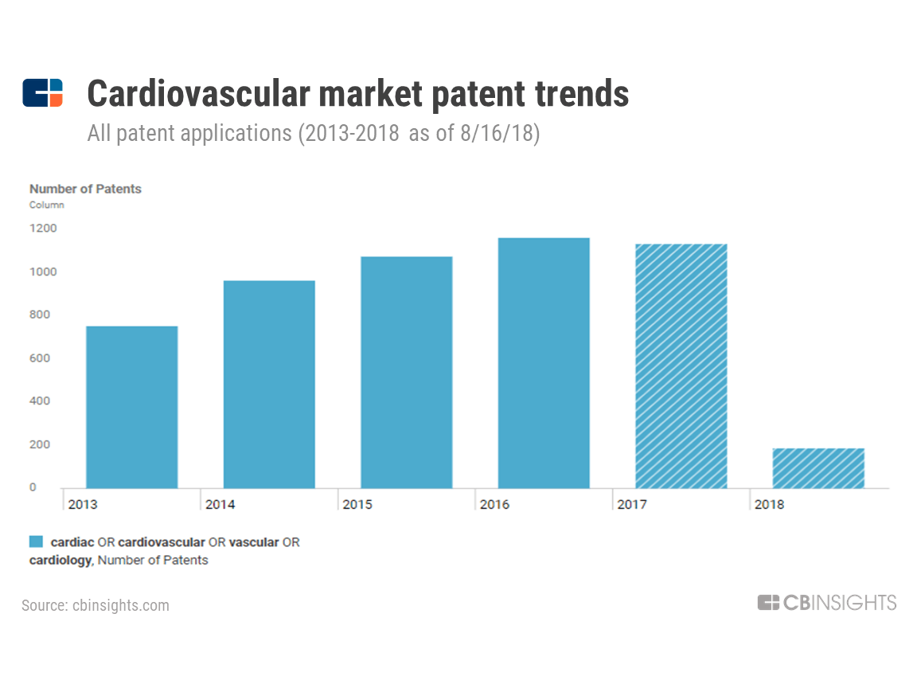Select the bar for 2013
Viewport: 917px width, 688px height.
pyautogui.click(x=131, y=407)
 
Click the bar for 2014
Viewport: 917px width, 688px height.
pyautogui.click(x=269, y=384)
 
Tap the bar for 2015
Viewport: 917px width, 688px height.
pyautogui.click(x=406, y=372)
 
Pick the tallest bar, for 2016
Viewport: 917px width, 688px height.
pyautogui.click(x=544, y=363)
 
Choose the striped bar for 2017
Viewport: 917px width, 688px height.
pyautogui.click(x=681, y=365)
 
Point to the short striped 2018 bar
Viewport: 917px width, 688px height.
pyautogui.click(x=818, y=468)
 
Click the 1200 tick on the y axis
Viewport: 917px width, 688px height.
pyautogui.click(x=44, y=229)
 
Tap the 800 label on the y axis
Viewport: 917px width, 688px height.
pyautogui.click(x=40, y=315)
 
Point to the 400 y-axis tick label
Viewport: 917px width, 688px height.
pyautogui.click(x=40, y=401)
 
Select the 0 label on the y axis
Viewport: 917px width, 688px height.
pyautogui.click(x=33, y=487)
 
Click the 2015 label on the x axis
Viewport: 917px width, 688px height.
pyautogui.click(x=357, y=505)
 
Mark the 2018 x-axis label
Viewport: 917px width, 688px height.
pyautogui.click(x=769, y=505)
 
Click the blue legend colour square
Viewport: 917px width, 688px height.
pyautogui.click(x=36, y=542)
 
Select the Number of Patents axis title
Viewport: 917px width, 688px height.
pyautogui.click(x=85, y=189)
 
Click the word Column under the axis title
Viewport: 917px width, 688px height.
pyautogui.click(x=47, y=205)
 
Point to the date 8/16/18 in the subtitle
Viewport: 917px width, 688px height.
pyautogui.click(x=499, y=133)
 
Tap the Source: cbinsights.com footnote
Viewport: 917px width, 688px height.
pyautogui.click(x=96, y=605)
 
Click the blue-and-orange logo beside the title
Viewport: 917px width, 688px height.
pyautogui.click(x=42, y=93)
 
